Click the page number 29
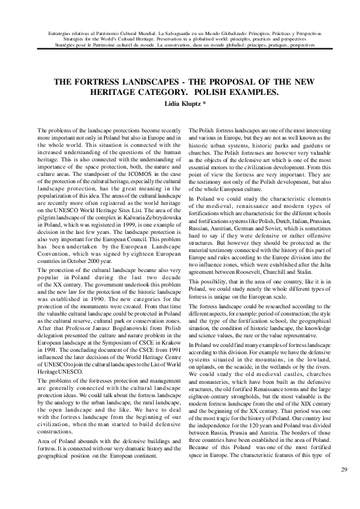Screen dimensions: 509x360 pyautogui.click(x=343, y=470)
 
